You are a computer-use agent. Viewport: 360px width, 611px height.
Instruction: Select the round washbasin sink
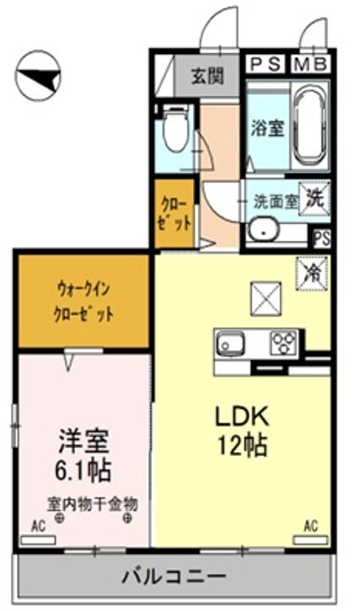tap(263, 229)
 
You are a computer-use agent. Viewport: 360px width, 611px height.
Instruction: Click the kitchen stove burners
tap(282, 343)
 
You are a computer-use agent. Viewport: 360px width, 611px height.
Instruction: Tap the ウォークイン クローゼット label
tap(85, 300)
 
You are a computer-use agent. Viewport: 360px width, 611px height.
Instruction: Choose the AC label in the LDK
tap(310, 527)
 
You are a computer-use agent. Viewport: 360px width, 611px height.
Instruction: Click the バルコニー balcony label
tap(173, 578)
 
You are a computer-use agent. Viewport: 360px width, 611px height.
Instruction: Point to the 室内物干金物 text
tap(92, 502)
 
